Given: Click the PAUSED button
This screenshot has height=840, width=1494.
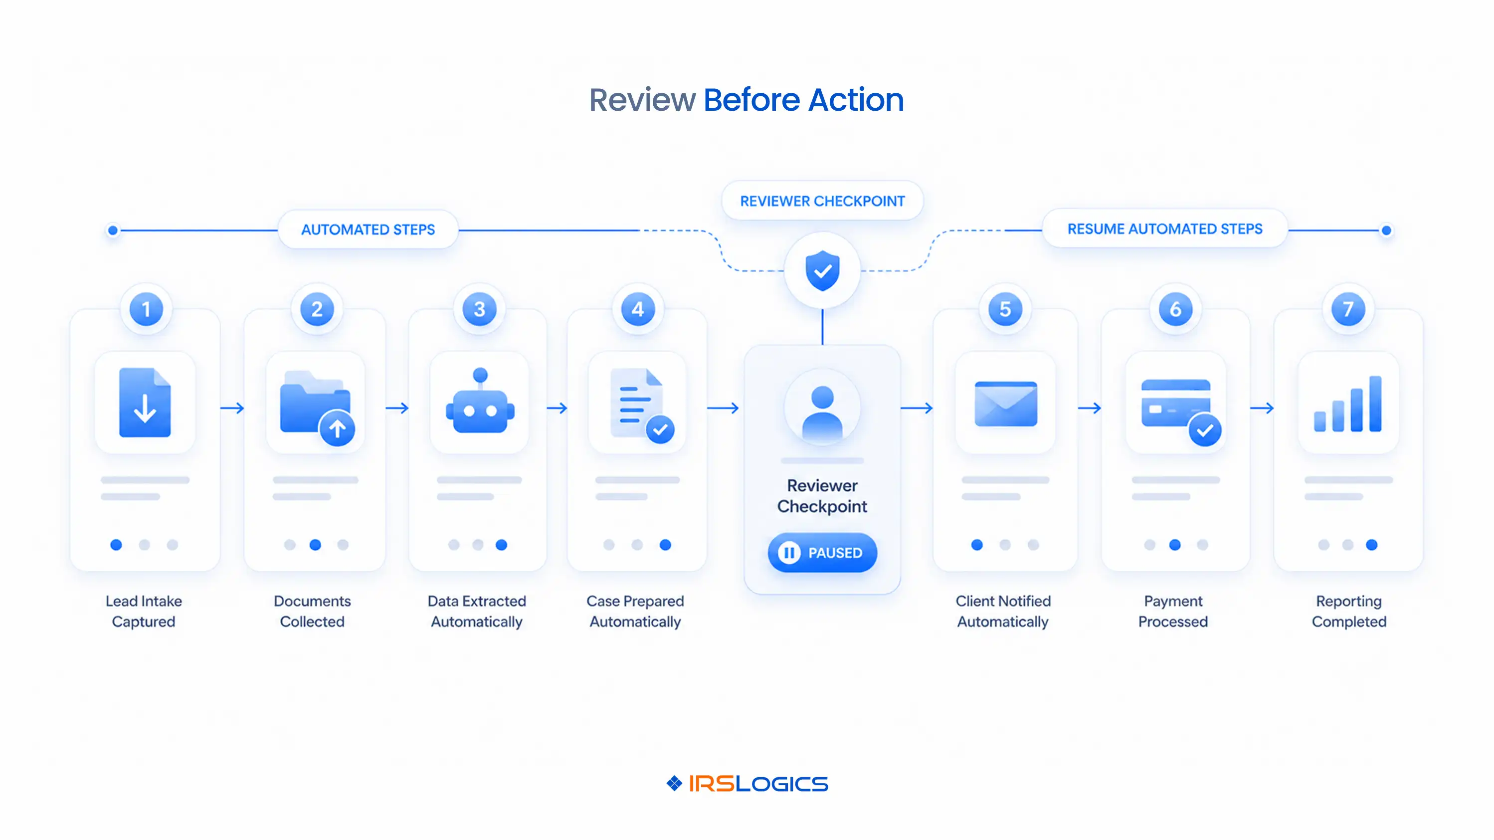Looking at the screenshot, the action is (x=822, y=552).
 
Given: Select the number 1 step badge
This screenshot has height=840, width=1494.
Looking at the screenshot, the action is (x=146, y=309).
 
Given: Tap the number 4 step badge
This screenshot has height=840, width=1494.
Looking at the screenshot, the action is (x=638, y=309).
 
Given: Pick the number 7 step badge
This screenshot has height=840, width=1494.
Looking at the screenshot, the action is (x=1348, y=309).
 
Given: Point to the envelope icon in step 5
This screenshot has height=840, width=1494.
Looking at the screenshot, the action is (x=1006, y=403).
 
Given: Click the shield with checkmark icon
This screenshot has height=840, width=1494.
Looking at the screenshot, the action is (x=822, y=270).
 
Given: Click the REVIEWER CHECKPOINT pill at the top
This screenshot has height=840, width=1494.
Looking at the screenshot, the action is (x=822, y=201).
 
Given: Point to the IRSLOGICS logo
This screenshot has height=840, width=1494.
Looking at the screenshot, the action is (x=747, y=784).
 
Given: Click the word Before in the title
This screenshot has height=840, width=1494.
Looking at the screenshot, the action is (x=751, y=100).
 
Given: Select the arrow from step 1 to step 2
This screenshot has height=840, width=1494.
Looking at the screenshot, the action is (x=232, y=409).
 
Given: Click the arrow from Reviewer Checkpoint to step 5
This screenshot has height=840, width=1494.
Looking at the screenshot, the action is (x=917, y=409).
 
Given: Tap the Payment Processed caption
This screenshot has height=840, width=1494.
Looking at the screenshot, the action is (x=1173, y=611).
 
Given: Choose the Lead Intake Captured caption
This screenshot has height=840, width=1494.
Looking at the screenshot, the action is (x=144, y=611).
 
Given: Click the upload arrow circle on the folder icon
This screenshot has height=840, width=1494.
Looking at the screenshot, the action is (x=337, y=428).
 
